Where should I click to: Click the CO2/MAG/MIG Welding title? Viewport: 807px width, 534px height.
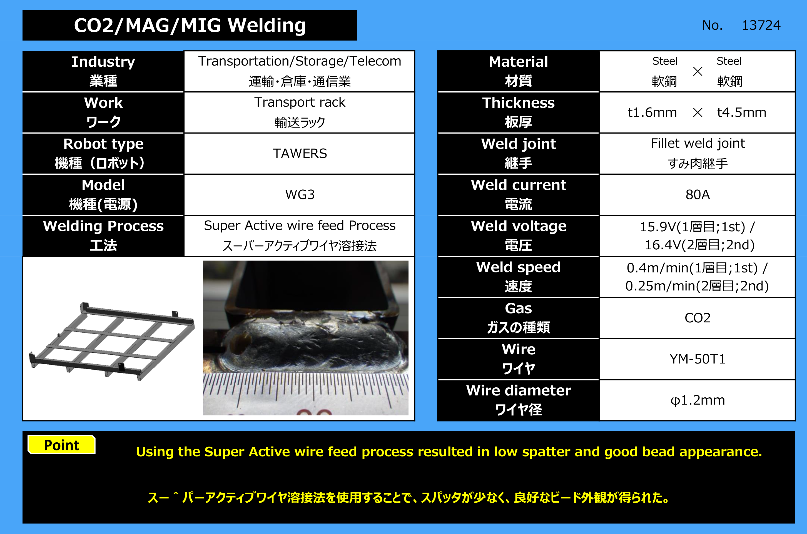coord(190,25)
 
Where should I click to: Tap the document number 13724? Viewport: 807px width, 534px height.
coord(761,25)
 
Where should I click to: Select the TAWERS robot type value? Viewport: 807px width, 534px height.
coord(300,154)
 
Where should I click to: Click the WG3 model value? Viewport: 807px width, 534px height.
coord(300,194)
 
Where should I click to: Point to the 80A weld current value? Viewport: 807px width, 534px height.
coord(697,194)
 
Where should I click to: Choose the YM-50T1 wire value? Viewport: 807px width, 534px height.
coord(697,359)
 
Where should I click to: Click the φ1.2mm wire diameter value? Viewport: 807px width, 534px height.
coord(697,400)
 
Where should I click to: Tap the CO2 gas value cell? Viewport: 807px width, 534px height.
coord(697,318)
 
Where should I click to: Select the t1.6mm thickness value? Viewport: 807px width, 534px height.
coord(652,112)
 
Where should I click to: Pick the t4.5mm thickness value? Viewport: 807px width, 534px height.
coord(742,112)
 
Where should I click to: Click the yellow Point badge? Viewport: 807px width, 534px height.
coord(61,445)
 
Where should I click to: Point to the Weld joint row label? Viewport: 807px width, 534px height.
coord(518,154)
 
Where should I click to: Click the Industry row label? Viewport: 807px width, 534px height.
coord(103,71)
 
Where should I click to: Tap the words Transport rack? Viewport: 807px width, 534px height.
coord(300,102)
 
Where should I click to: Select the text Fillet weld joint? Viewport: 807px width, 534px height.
coord(698,143)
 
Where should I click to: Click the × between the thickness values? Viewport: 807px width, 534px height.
coord(698,112)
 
